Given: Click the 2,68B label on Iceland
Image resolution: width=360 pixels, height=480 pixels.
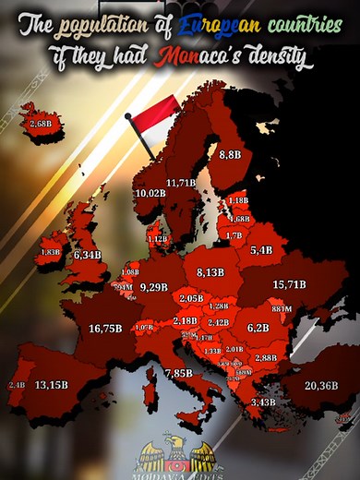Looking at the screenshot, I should pyautogui.click(x=40, y=122).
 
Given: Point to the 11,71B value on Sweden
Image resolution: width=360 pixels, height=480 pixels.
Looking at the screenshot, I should pyautogui.click(x=180, y=183).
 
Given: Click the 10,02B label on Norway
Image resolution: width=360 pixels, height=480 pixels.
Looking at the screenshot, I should pyautogui.click(x=150, y=193).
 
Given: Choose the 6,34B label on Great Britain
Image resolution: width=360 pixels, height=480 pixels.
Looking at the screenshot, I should pyautogui.click(x=87, y=254).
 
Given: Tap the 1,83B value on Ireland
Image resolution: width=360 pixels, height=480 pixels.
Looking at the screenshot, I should pyautogui.click(x=50, y=252).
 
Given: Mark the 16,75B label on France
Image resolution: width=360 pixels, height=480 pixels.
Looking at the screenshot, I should pyautogui.click(x=106, y=328).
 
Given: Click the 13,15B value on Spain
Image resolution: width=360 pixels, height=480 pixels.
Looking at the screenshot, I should pyautogui.click(x=52, y=384).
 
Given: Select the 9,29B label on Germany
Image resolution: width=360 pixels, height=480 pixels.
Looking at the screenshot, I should pyautogui.click(x=154, y=287).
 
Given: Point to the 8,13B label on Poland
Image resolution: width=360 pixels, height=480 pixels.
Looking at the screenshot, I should pyautogui.click(x=210, y=272).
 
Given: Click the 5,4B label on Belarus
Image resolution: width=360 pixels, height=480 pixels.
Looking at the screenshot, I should pyautogui.click(x=261, y=250).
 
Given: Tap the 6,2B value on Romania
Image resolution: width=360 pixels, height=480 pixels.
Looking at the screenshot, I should pyautogui.click(x=258, y=328).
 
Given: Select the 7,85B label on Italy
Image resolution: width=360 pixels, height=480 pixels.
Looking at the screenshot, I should pyautogui.click(x=178, y=373).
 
